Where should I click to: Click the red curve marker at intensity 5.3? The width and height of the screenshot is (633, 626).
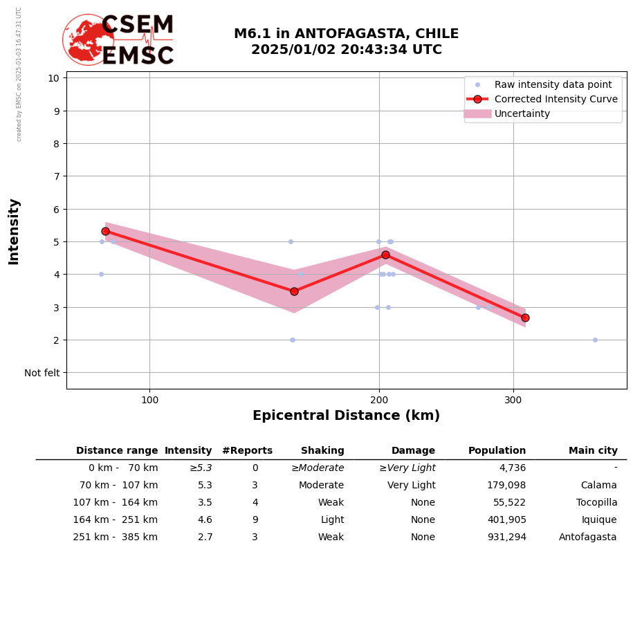[105, 232]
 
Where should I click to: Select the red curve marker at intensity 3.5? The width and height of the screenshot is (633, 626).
[294, 291]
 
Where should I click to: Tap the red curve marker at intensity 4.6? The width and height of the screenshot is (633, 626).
[385, 255]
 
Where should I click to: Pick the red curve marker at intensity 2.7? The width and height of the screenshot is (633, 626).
[525, 317]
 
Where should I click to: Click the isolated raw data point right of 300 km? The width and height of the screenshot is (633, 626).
[595, 340]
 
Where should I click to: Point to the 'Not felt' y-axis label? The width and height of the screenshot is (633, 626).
[42, 373]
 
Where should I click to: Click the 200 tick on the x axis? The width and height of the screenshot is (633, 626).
[379, 400]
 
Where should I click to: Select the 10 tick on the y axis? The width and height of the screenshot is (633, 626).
[53, 77]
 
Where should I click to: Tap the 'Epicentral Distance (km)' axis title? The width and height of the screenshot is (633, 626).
[346, 416]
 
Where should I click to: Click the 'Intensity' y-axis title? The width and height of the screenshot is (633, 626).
[14, 231]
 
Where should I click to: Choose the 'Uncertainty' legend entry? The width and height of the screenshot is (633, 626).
[522, 113]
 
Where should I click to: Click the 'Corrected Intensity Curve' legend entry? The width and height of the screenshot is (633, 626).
[556, 99]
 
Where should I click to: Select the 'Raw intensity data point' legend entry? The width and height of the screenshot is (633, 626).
[553, 84]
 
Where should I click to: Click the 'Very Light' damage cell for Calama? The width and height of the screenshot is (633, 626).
[411, 486]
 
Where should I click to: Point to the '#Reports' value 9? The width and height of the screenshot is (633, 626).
[255, 520]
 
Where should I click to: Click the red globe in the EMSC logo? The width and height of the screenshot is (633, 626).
[87, 39]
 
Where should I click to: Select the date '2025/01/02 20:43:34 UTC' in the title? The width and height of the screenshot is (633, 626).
[346, 50]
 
